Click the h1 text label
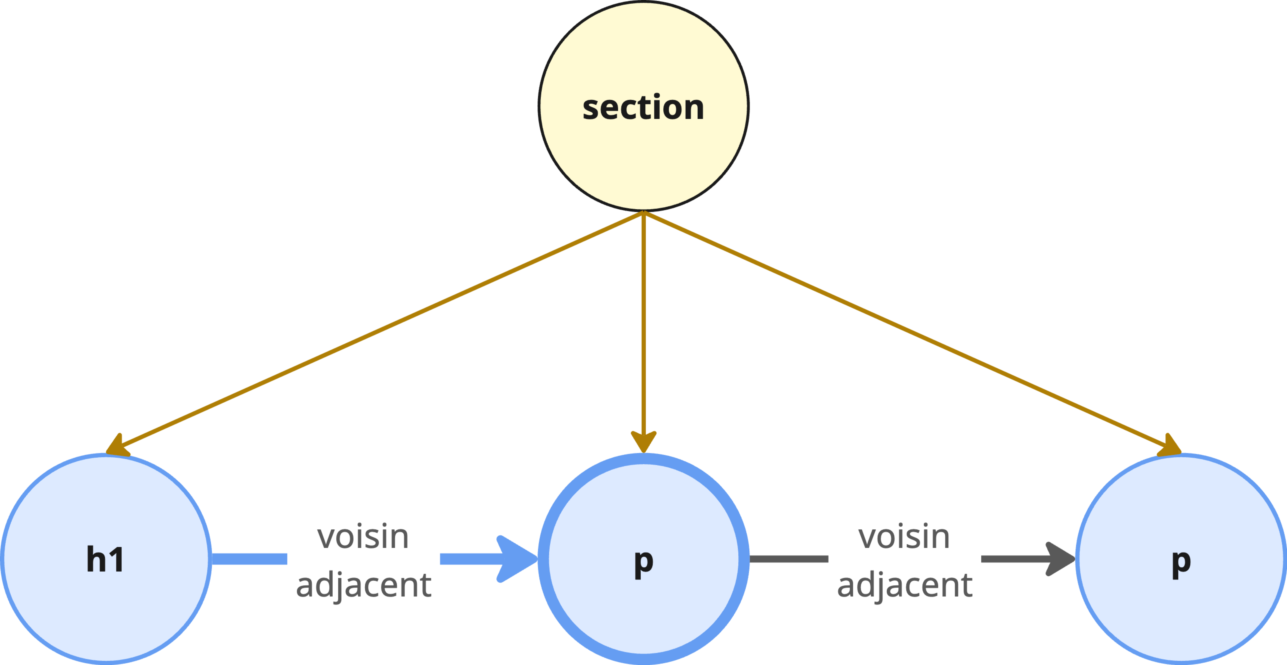pos(105,559)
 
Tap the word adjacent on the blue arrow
pos(363,584)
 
